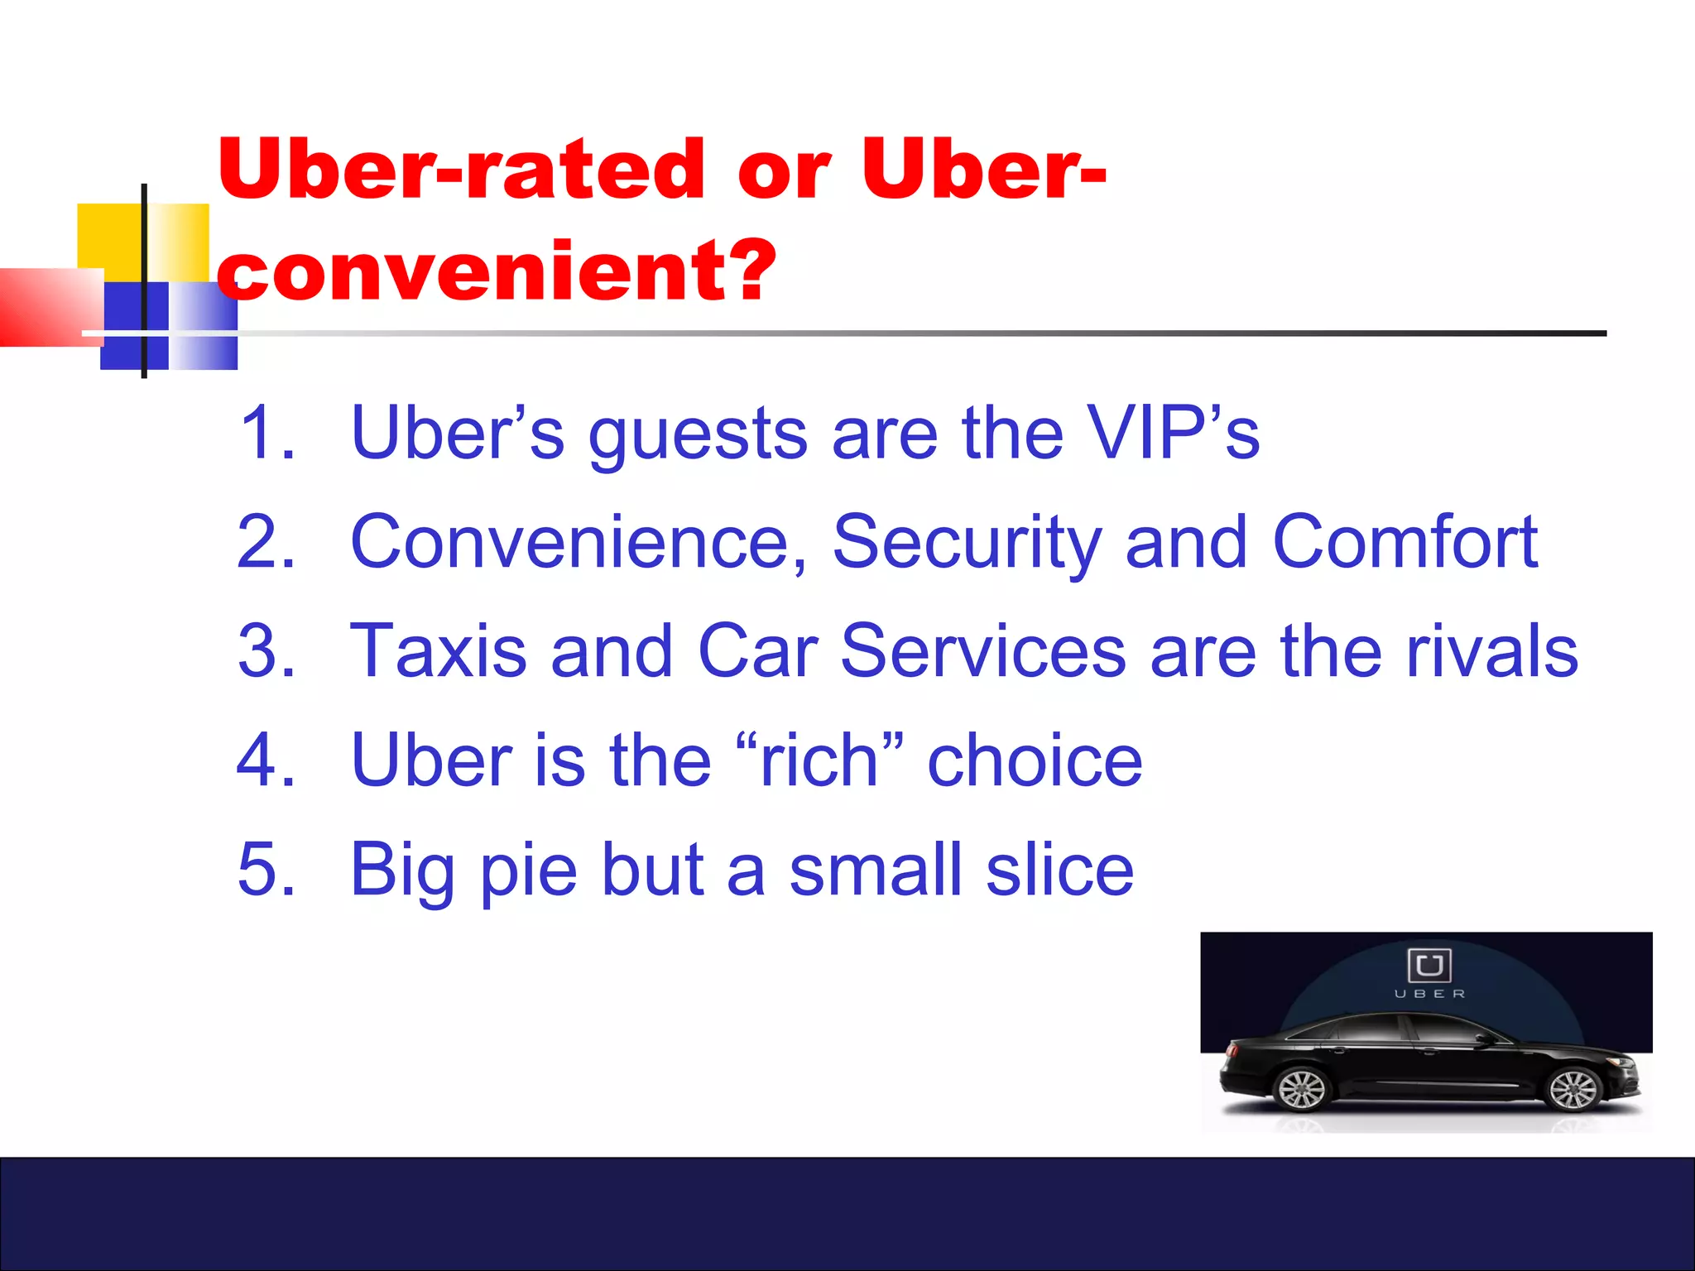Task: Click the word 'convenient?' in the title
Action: tap(497, 271)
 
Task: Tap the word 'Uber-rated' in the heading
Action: tap(460, 170)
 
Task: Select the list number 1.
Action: tap(266, 432)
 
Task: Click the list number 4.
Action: tap(266, 760)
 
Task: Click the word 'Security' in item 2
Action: tap(967, 543)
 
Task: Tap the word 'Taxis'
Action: tap(439, 651)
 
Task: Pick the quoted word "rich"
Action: tap(819, 760)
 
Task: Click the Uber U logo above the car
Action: tap(1429, 965)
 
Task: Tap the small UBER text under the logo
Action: tap(1429, 994)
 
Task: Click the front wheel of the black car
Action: tap(1572, 1090)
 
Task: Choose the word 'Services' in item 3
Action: tap(982, 651)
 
